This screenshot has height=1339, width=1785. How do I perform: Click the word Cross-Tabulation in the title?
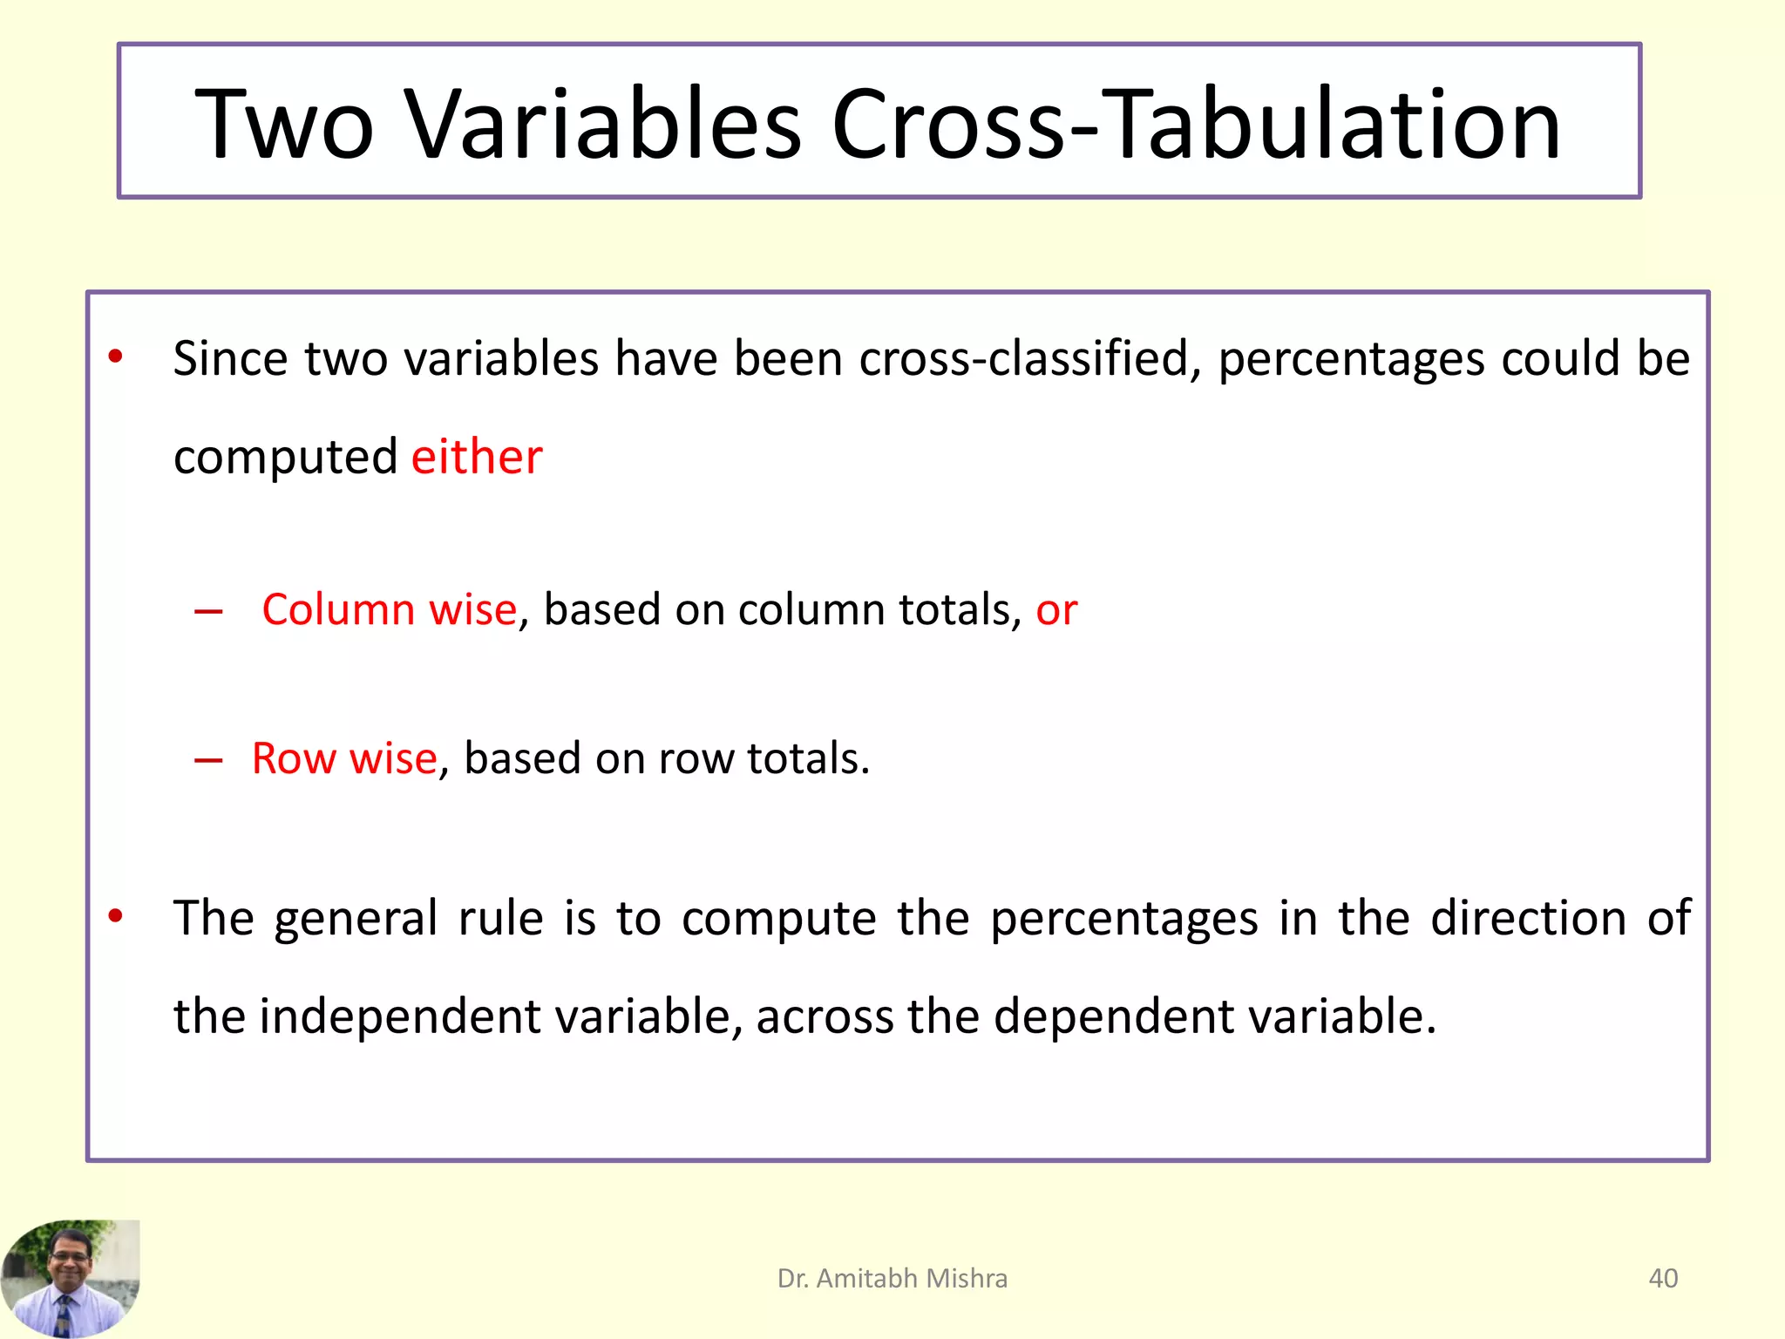click(x=1196, y=124)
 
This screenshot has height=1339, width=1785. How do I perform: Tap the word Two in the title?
click(x=284, y=124)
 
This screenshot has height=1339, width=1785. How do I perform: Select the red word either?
click(x=477, y=457)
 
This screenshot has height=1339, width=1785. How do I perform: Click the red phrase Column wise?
click(x=389, y=609)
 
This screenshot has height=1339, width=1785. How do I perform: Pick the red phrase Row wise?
click(x=344, y=758)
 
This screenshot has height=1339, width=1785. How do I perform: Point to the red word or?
click(x=1056, y=610)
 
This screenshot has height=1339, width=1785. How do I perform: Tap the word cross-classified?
click(x=1025, y=359)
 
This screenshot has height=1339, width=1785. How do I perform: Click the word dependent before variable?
click(x=1114, y=1016)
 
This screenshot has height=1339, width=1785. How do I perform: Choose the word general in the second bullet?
click(x=356, y=920)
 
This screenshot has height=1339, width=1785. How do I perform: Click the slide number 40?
click(x=1663, y=1278)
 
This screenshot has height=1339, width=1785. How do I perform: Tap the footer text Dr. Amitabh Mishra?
click(x=892, y=1278)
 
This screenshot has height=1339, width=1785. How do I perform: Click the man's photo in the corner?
click(x=70, y=1278)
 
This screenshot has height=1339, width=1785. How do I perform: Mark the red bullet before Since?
click(x=115, y=357)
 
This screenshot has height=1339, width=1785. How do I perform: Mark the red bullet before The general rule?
click(x=115, y=915)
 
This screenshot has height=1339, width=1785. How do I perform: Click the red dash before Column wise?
click(x=208, y=612)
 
